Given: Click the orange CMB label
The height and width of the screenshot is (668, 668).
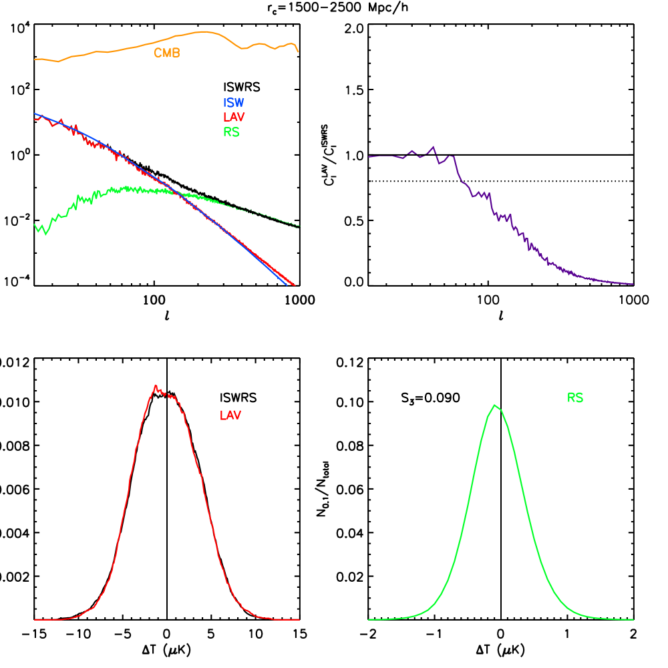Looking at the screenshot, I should [167, 53].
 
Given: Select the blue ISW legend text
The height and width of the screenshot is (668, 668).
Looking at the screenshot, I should [234, 103].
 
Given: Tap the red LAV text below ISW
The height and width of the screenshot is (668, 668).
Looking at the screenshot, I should [234, 117].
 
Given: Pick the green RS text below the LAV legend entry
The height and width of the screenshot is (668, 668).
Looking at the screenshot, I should [231, 132].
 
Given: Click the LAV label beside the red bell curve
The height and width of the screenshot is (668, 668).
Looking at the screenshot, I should [230, 415].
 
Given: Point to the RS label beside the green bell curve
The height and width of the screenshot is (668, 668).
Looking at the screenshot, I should [575, 398].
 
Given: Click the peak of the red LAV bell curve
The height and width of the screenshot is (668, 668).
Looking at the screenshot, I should [156, 385].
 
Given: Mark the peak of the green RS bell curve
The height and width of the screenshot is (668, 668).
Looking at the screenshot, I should [494, 405].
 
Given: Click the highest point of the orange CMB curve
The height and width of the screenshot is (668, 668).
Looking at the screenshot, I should [205, 31].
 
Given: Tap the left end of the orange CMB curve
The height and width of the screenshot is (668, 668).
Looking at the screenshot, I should [35, 59].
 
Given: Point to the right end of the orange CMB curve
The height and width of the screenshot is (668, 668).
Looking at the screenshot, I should [298, 51].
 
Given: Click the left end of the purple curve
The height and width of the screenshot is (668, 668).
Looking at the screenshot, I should [369, 156].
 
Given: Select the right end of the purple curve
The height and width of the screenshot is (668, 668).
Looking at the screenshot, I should [633, 284].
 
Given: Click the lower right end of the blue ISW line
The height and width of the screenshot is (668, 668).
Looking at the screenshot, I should [286, 285].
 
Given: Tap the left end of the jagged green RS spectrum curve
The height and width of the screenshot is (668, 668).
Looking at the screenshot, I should [35, 226].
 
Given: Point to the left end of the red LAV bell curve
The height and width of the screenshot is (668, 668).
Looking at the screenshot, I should [35, 620].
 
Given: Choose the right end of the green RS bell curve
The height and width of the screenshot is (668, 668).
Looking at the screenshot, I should [633, 620].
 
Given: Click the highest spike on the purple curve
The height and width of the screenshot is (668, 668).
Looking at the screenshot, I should [434, 146].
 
